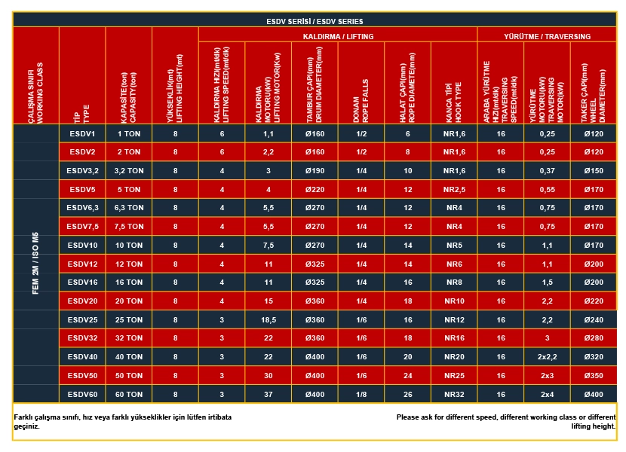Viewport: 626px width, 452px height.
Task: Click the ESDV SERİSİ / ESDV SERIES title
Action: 315,21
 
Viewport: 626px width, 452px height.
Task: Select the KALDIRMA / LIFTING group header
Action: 338,36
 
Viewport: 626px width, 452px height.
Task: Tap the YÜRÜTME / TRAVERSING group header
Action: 547,36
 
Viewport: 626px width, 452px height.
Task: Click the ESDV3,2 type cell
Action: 83,171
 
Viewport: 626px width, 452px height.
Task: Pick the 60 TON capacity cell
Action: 129,395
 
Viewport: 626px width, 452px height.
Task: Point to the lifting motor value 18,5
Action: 269,320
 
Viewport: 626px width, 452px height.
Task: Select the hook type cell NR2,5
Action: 454,190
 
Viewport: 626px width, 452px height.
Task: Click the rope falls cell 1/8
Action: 361,395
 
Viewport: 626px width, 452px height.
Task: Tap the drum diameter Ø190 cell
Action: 315,171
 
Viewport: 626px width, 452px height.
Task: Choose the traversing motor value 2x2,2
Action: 547,357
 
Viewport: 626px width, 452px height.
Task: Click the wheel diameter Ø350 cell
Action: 594,376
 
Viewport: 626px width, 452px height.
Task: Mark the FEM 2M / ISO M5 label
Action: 35,263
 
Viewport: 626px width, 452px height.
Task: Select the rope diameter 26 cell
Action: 407,395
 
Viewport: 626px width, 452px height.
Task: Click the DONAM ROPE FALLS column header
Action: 361,100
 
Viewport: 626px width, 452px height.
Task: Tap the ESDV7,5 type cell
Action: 83,227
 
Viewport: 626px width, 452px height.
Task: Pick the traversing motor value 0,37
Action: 547,171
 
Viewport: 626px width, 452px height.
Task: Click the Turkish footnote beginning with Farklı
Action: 123,422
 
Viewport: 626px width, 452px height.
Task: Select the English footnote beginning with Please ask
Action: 506,422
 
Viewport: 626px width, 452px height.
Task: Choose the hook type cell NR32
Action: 454,395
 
